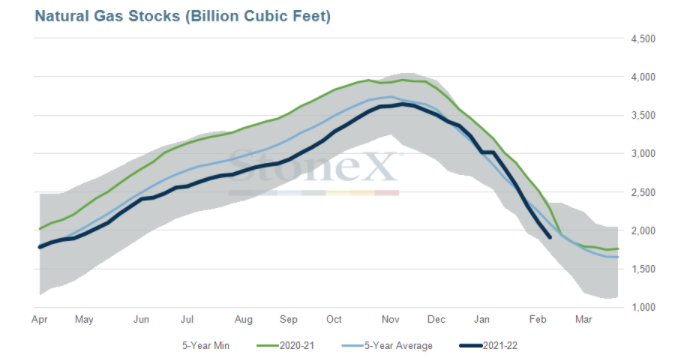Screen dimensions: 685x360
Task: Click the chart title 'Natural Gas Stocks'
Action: [107, 16]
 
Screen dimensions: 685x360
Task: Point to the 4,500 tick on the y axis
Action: [643, 39]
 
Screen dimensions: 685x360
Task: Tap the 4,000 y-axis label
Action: [643, 77]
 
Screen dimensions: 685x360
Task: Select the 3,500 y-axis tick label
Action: [643, 115]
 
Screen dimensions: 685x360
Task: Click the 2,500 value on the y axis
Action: [643, 192]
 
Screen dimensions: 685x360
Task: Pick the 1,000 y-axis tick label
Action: [643, 307]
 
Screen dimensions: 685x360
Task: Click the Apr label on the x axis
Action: [39, 320]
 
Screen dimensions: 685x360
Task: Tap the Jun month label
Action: [141, 319]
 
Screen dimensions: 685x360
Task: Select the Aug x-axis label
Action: [243, 320]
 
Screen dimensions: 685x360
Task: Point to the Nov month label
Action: [390, 319]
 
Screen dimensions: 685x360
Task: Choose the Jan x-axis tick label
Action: [482, 319]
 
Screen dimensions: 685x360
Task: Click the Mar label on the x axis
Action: [584, 319]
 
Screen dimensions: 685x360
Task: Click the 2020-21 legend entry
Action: [286, 346]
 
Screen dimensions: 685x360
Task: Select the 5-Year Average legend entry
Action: [387, 346]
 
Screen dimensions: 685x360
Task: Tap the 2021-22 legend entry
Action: [488, 346]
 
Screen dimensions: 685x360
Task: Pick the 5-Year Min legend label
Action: [206, 346]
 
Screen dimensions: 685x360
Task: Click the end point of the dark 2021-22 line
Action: [550, 237]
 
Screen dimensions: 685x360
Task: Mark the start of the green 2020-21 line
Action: [40, 228]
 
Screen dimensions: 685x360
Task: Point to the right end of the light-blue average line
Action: [618, 257]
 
